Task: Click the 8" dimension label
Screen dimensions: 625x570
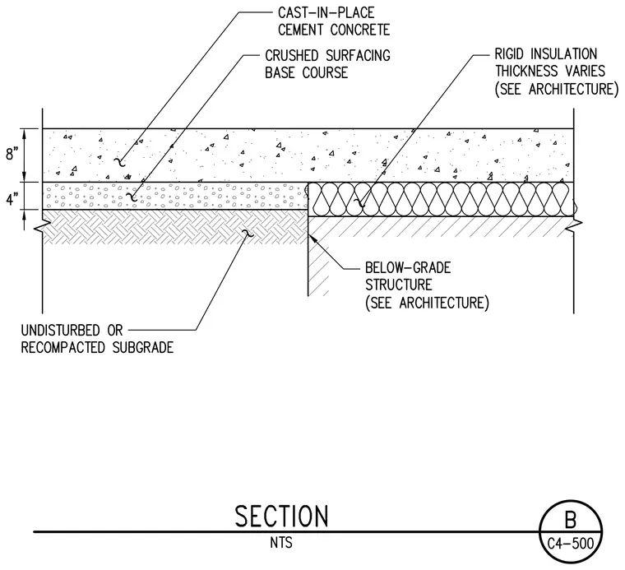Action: pyautogui.click(x=12, y=154)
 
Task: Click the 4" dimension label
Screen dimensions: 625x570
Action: pyautogui.click(x=12, y=198)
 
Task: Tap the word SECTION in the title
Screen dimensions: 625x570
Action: pyautogui.click(x=281, y=517)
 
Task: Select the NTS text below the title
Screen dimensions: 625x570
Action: pyautogui.click(x=281, y=543)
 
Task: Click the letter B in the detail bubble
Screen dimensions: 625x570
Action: pyautogui.click(x=571, y=520)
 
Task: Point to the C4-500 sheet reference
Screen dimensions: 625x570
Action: pyautogui.click(x=571, y=544)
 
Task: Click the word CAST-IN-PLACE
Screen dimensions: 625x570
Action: pyautogui.click(x=326, y=13)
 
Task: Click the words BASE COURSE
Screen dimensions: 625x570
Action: pyautogui.click(x=306, y=72)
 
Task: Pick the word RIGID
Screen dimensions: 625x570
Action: pyautogui.click(x=508, y=53)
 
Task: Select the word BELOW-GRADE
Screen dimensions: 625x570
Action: pyautogui.click(x=408, y=267)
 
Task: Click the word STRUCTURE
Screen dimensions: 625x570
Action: pyautogui.click(x=399, y=285)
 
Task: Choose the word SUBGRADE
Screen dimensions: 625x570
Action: pyautogui.click(x=143, y=348)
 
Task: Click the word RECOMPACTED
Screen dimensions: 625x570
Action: pyautogui.click(x=63, y=348)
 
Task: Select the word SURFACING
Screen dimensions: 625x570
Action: pyautogui.click(x=358, y=55)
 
